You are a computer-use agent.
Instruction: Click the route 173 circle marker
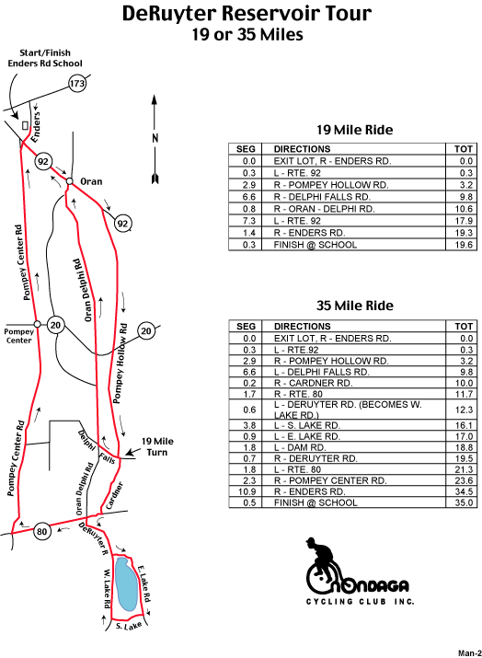[x=77, y=84]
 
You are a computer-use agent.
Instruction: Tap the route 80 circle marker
[x=42, y=532]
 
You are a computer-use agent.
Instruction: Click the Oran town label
[x=91, y=181]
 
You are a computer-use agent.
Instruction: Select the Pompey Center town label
[x=19, y=336]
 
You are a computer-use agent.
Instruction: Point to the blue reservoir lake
[x=127, y=583]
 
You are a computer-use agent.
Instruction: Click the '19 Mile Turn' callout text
[x=157, y=446]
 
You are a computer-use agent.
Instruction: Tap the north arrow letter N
[x=155, y=138]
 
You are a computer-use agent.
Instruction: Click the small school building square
[x=25, y=125]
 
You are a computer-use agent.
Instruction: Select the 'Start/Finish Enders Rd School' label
[x=45, y=58]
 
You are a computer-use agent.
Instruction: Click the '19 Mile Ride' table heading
[x=354, y=130]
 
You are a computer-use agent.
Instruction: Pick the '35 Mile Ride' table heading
[x=355, y=306]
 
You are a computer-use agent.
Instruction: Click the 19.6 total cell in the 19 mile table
[x=462, y=245]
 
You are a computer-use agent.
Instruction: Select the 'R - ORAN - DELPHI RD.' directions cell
[x=353, y=209]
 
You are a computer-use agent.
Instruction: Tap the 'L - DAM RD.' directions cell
[x=353, y=447]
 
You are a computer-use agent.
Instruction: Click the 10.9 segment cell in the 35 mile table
[x=246, y=491]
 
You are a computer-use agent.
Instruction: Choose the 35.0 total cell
[x=462, y=502]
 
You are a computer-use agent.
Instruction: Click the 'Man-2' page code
[x=469, y=653]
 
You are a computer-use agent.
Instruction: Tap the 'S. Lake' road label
[x=129, y=626]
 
